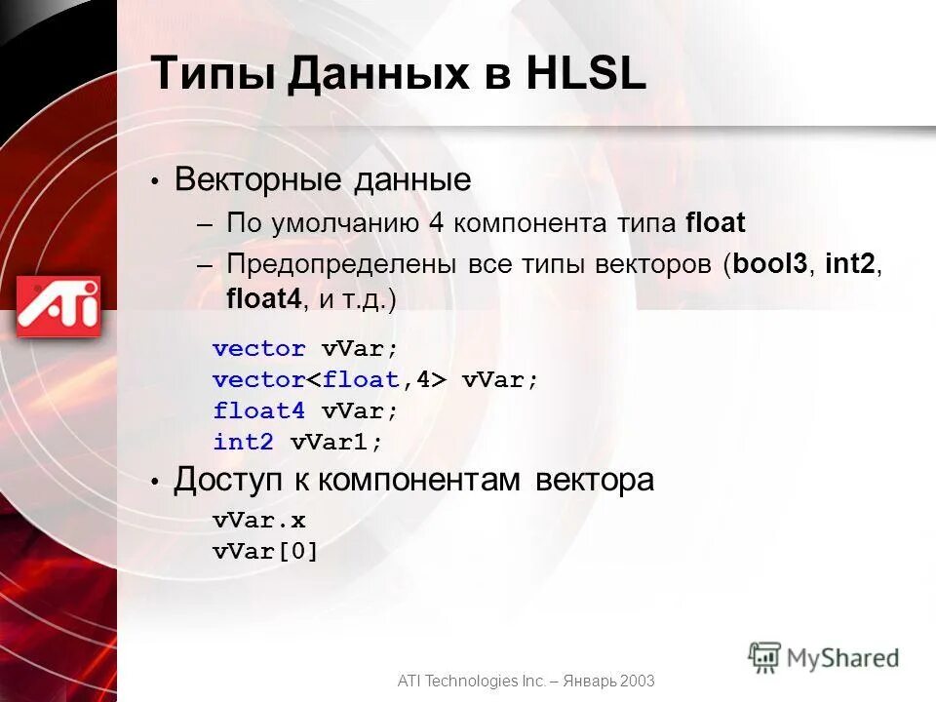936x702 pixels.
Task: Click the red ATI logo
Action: (58, 306)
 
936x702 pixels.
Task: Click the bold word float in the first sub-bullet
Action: (715, 223)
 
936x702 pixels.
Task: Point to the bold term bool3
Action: (769, 263)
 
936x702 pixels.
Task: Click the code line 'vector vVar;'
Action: (306, 349)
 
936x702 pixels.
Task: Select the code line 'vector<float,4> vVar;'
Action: (375, 380)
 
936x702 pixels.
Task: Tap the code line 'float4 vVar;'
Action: (306, 410)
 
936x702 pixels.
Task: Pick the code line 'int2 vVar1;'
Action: (298, 442)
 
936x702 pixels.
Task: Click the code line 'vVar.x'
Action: (259, 521)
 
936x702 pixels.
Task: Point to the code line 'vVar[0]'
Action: (266, 552)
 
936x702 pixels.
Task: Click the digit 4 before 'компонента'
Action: (436, 223)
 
